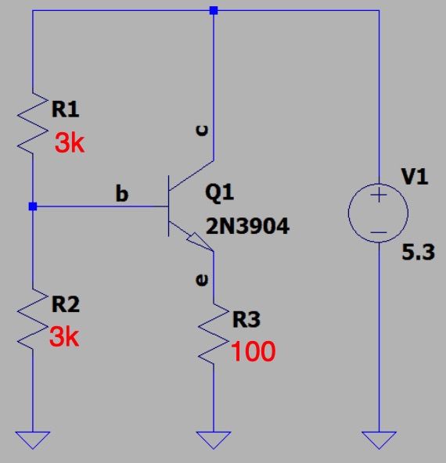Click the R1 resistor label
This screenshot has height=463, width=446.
point(65,109)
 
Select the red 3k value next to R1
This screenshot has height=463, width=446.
point(70,143)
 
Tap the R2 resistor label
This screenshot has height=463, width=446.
point(66,304)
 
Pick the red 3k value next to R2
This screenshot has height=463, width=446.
point(64,337)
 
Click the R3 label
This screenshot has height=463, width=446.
point(246,319)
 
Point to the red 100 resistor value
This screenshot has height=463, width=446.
point(254,351)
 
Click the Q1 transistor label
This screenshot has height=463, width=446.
point(219,193)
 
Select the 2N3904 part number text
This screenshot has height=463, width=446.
point(247,226)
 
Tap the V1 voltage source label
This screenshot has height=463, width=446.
point(415,177)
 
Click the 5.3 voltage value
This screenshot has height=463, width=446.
point(419,252)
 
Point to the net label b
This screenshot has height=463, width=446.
point(122,193)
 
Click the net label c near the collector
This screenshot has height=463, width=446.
point(202,130)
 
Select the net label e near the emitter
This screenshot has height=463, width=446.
point(202,280)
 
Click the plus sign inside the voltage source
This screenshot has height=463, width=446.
point(379,195)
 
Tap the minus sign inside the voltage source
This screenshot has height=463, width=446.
point(379,232)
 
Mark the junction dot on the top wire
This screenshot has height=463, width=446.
point(214,11)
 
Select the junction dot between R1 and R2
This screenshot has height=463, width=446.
point(33,206)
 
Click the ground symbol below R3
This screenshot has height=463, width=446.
point(214,440)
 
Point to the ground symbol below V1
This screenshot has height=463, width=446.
point(379,440)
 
